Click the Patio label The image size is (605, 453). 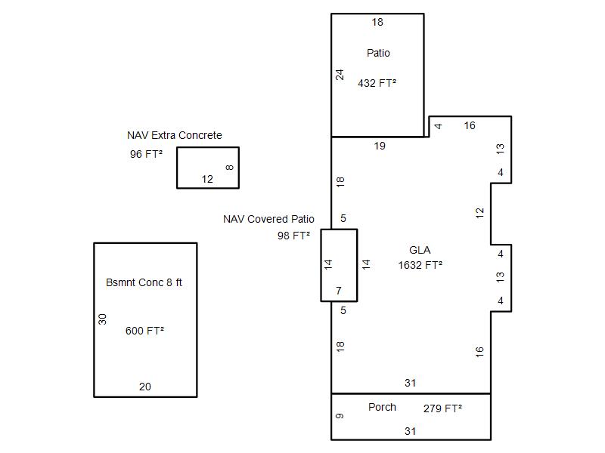(x=378, y=53)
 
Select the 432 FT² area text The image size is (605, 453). (x=377, y=83)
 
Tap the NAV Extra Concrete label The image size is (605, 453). (x=175, y=135)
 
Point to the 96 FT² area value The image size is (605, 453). (x=147, y=154)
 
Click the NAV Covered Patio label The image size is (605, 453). (x=268, y=219)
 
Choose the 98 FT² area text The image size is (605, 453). (x=293, y=236)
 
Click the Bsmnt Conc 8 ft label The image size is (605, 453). (x=144, y=282)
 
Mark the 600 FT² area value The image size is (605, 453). (x=144, y=331)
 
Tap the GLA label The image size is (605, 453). (x=420, y=250)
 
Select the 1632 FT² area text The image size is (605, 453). (x=420, y=265)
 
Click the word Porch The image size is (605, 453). (x=382, y=407)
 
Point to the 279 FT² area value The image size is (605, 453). (x=442, y=408)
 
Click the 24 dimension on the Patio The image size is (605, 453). (x=340, y=75)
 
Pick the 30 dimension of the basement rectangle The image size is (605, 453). (x=103, y=319)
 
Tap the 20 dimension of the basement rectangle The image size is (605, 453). (x=145, y=387)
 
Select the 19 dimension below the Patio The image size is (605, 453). (x=380, y=146)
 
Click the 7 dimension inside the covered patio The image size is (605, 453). (x=339, y=291)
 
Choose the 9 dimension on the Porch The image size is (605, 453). (x=340, y=416)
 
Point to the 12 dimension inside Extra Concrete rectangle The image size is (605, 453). (x=207, y=179)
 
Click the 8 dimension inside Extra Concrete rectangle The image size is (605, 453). (x=230, y=168)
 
